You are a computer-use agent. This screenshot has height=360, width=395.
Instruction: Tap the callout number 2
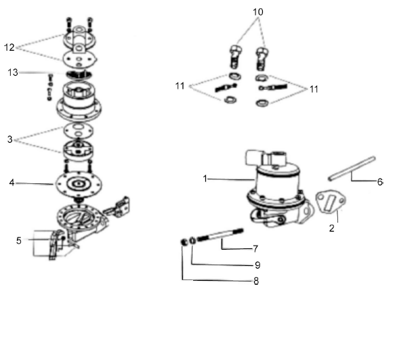click(331, 229)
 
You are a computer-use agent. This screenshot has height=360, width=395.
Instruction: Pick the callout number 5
click(20, 240)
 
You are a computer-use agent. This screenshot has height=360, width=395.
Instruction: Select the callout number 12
click(9, 47)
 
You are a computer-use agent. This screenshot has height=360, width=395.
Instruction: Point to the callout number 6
click(379, 183)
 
